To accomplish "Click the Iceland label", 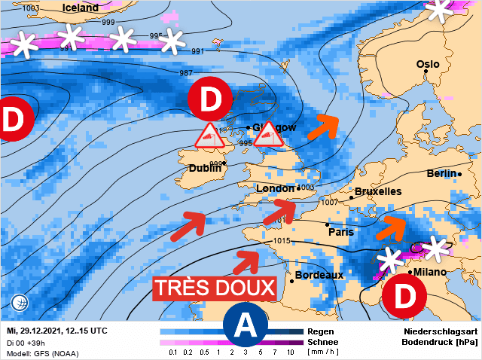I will point(81,8).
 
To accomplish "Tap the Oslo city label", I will point(428,65).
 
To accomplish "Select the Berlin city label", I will point(441,174).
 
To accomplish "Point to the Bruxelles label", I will point(377,192).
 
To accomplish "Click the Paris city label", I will point(341,232).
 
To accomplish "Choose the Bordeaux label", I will point(319,275).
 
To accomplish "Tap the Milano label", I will point(430,272).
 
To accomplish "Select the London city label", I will point(276,188).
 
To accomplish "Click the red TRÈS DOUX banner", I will point(215,288).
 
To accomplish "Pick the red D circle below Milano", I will point(404,297).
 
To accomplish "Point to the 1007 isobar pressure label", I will point(329,203).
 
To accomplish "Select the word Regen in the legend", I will point(316,331).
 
